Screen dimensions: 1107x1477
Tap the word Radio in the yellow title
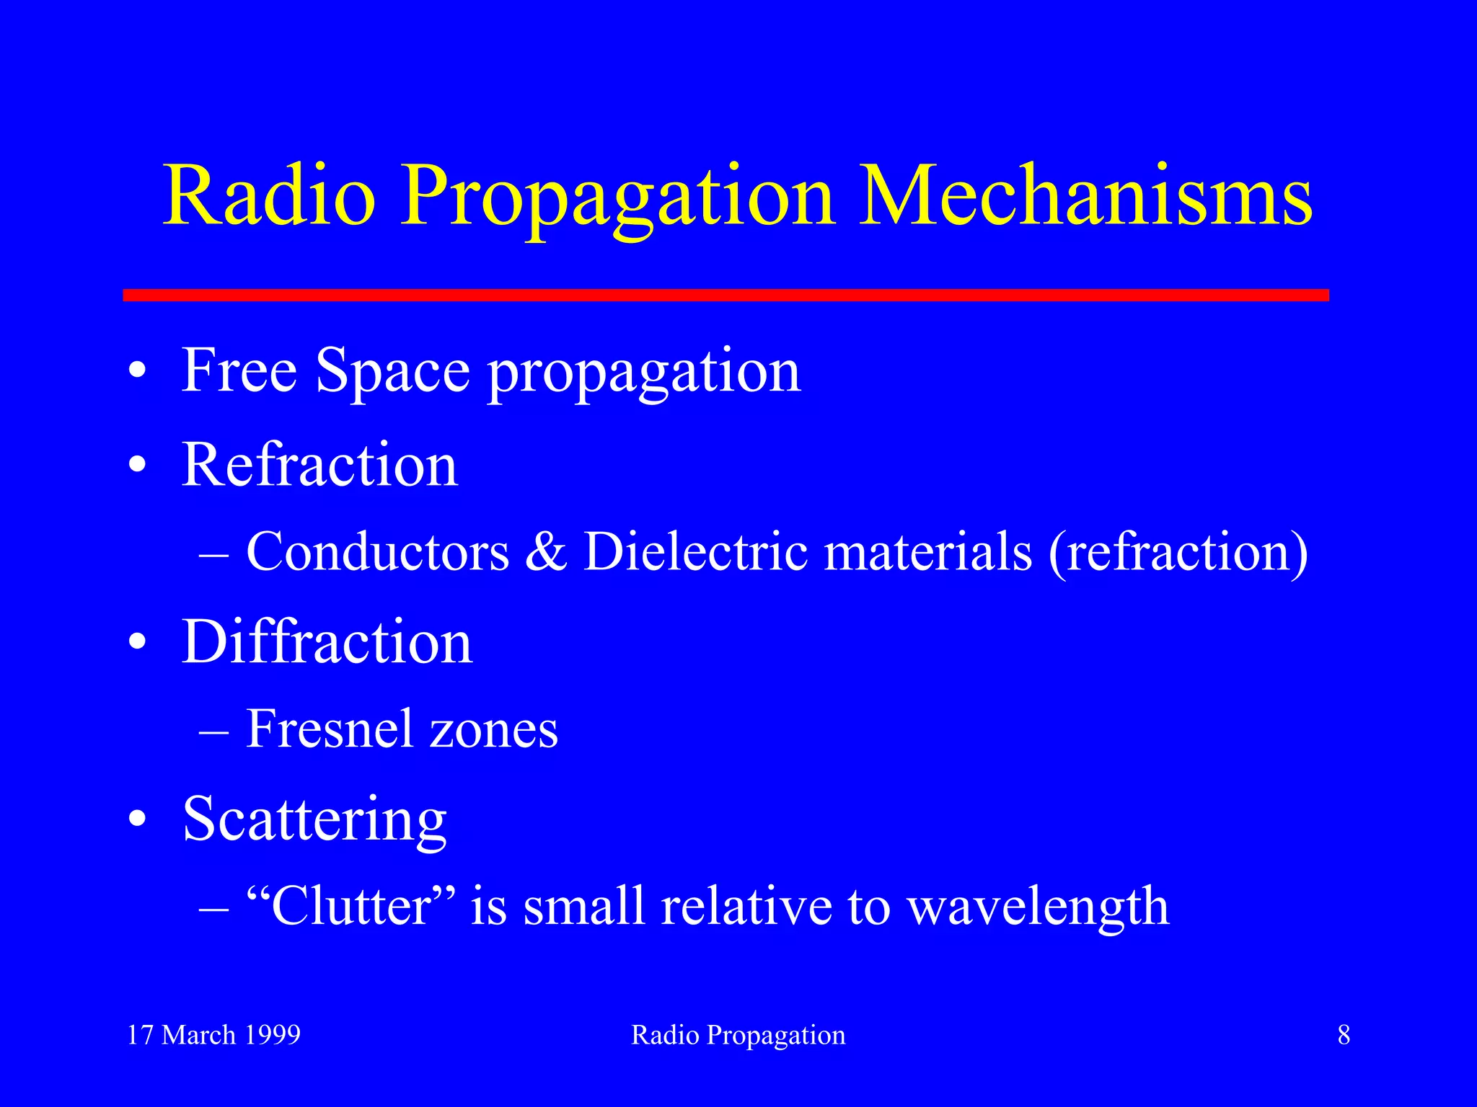pyautogui.click(x=270, y=196)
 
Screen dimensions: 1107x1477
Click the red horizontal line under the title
pyautogui.click(x=726, y=295)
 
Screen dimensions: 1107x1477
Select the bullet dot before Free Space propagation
pyautogui.click(x=138, y=372)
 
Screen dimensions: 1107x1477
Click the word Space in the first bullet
pyautogui.click(x=393, y=370)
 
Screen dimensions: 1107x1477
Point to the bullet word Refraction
pyautogui.click(x=319, y=465)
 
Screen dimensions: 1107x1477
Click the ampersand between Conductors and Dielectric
pyautogui.click(x=546, y=552)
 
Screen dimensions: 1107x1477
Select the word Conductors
pyautogui.click(x=377, y=552)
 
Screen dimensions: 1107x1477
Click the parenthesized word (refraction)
pyautogui.click(x=1178, y=552)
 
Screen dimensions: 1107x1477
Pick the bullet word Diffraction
pyautogui.click(x=327, y=641)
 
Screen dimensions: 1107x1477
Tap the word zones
pyautogui.click(x=494, y=730)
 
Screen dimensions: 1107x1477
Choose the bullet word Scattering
pyautogui.click(x=314, y=820)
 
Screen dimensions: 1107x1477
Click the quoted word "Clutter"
pyautogui.click(x=351, y=906)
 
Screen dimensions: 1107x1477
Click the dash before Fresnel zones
pyautogui.click(x=213, y=732)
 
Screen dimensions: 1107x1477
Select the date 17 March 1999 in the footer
pyautogui.click(x=213, y=1035)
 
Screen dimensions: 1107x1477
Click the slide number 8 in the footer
pyautogui.click(x=1344, y=1035)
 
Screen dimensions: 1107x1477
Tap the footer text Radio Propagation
pyautogui.click(x=738, y=1035)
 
